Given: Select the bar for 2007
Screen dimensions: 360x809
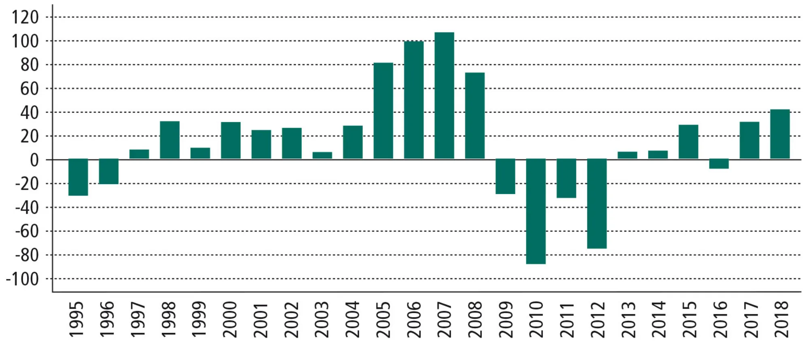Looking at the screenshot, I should point(444,95).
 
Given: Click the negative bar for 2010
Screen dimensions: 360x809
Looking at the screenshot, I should point(536,211).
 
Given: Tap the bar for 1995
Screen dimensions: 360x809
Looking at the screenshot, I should point(78,177).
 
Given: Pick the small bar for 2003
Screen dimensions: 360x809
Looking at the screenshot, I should point(322,155).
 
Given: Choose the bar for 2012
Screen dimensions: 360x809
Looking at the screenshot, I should point(597,203).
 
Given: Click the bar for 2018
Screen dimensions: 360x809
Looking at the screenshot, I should point(779,134).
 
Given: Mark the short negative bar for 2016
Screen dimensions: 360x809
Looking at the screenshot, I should point(719,163).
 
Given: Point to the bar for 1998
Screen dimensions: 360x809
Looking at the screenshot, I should point(169,140).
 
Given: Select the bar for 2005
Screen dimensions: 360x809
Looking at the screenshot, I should point(383,110).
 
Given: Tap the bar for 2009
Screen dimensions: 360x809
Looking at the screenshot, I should point(505,176).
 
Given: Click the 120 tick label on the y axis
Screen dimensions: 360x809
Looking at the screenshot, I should point(25,17).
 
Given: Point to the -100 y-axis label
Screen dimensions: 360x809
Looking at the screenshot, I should point(22,279).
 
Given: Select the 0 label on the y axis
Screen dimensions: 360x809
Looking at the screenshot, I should point(34,160).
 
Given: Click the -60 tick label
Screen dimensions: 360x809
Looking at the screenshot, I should point(27,231).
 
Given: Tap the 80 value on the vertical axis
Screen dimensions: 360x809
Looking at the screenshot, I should point(30,65).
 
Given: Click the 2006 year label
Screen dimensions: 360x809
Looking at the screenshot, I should point(414,319).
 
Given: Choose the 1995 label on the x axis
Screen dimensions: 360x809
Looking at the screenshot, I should point(76,319).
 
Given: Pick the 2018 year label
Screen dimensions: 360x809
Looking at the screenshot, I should point(781,319).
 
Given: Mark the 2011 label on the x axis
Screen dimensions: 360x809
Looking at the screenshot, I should point(567,319).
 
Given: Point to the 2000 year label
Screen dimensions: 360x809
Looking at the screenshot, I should point(230,319).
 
